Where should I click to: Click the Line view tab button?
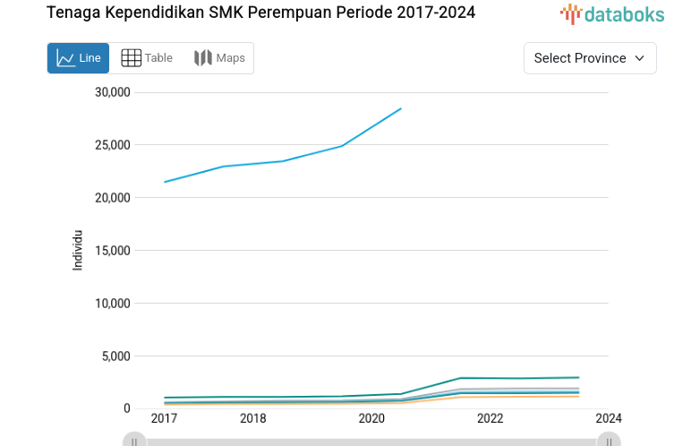78,58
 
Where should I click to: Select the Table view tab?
147,58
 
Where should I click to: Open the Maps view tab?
219,58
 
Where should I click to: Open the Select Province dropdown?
589,58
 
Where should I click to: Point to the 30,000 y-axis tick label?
113,92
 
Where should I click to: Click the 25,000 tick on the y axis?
113,145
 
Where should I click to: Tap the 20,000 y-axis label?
113,198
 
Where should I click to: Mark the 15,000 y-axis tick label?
113,251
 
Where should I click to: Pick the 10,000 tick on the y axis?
113,304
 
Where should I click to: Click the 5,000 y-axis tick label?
116,356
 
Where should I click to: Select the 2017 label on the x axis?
164,418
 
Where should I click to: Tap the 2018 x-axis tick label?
253,418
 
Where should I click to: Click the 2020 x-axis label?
371,418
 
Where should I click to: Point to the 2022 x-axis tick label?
490,418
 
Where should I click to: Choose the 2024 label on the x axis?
609,418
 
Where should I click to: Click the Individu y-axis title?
78,250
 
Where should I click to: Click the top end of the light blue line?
401,108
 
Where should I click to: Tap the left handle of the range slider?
133,441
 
